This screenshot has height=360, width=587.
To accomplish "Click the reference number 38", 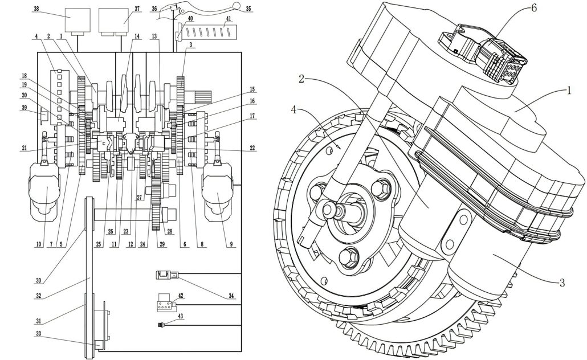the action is (36, 8).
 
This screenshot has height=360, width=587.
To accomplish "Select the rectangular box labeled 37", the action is (113, 19).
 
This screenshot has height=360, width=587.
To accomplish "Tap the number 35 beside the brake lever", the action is (248, 8).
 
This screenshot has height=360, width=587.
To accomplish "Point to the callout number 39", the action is (25, 107).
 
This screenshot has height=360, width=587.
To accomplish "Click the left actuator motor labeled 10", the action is (44, 189).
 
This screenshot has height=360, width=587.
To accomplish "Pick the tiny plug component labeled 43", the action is (162, 325).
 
